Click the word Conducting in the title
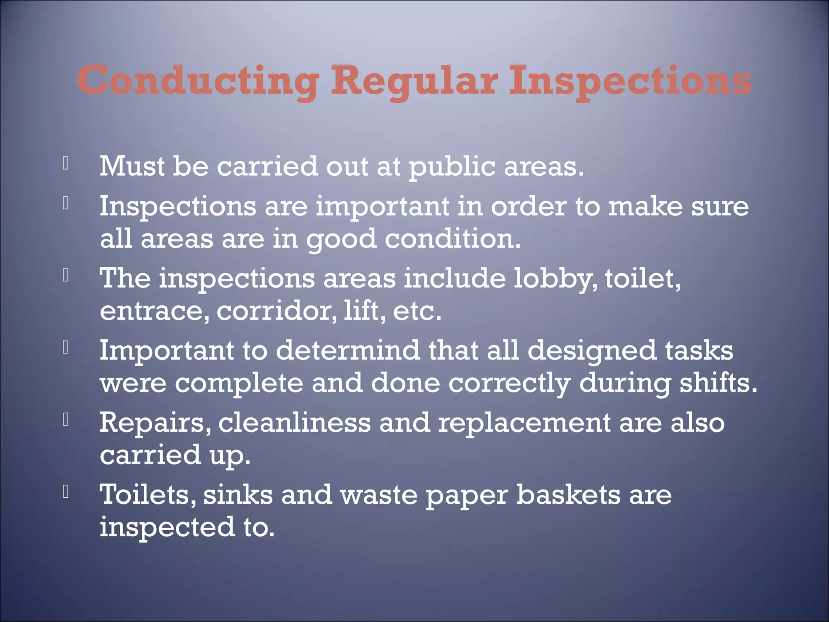(x=198, y=81)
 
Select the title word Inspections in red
(x=630, y=81)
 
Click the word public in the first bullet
(x=452, y=167)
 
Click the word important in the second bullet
(x=382, y=207)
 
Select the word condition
(x=452, y=239)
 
